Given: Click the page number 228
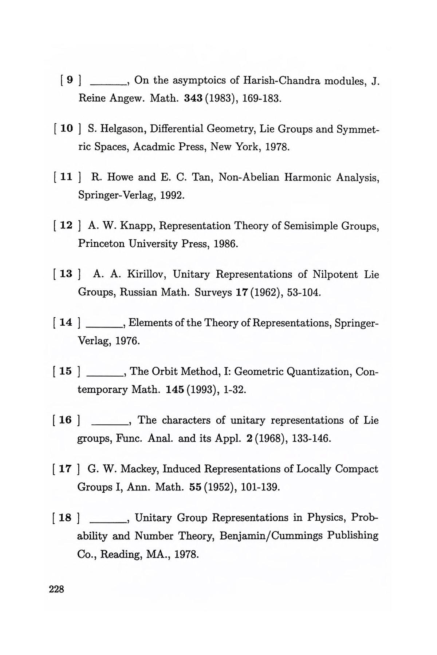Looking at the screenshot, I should point(56,589).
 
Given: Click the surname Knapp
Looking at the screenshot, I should point(138,226).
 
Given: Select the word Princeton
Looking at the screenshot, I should point(102,243).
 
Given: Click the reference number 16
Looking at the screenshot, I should point(66,420).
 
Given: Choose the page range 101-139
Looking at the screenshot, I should point(257,487).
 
